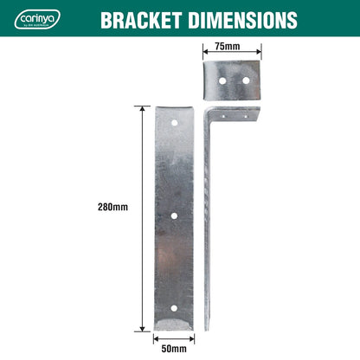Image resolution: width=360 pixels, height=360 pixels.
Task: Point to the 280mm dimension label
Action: tap(114, 207)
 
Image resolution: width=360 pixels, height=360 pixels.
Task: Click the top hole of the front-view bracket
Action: tap(175, 123)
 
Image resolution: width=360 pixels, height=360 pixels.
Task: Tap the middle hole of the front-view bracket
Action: tap(175, 215)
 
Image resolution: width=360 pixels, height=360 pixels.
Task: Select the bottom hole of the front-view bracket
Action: tap(175, 308)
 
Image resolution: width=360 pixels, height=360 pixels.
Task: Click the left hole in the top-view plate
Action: tap(221, 80)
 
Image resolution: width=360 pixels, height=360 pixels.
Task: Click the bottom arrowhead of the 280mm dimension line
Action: tap(142, 329)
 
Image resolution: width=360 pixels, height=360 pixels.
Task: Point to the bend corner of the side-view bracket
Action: tap(208, 111)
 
